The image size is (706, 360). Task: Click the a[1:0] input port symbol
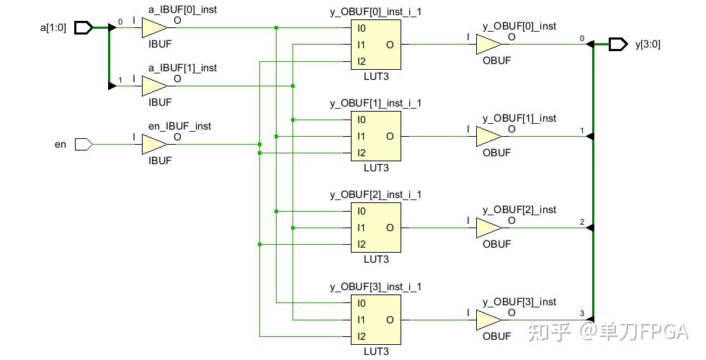(x=84, y=28)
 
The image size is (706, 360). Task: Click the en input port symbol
(x=84, y=145)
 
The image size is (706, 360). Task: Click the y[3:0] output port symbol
(x=618, y=44)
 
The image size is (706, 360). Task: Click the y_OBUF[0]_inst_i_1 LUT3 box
(x=376, y=45)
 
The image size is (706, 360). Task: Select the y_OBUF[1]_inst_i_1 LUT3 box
(x=376, y=136)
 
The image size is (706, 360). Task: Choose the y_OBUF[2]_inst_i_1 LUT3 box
(x=376, y=228)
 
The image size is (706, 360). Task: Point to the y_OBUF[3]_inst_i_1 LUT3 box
(x=376, y=320)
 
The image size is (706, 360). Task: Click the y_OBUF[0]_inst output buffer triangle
(x=489, y=44)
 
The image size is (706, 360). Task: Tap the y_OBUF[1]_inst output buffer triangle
(x=489, y=136)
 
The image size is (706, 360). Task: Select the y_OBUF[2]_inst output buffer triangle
(x=489, y=228)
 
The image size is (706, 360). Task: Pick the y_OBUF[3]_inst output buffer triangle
(x=489, y=320)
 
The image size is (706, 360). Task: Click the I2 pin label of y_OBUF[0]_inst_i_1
(x=361, y=61)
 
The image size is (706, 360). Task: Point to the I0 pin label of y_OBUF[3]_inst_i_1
(x=361, y=303)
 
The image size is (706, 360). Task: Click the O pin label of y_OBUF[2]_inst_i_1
(x=390, y=228)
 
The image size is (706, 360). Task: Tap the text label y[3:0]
(x=648, y=45)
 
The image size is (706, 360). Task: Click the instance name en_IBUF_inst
(x=179, y=126)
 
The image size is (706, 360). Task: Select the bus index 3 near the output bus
(x=582, y=314)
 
